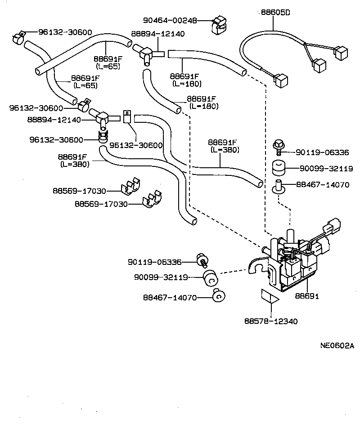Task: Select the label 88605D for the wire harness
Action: (x=275, y=13)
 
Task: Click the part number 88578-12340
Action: (x=271, y=321)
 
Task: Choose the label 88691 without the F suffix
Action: (x=307, y=296)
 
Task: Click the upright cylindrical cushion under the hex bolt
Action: (x=279, y=169)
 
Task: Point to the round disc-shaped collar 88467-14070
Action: (x=219, y=296)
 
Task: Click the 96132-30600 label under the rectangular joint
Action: (x=136, y=145)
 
